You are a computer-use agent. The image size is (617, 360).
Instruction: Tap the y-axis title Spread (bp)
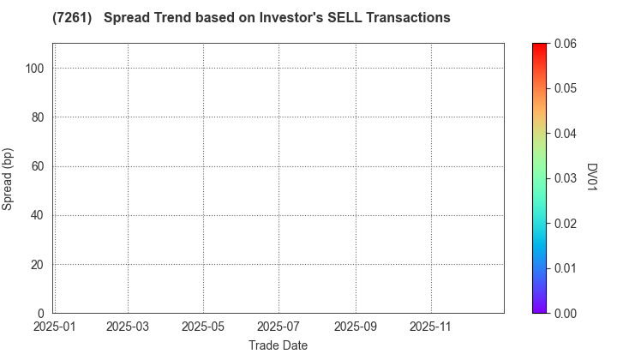[8, 177]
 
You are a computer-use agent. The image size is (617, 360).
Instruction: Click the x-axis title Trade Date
[278, 345]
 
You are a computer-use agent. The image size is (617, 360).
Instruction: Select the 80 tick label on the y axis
[38, 117]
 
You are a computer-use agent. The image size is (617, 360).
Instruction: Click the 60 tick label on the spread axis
[38, 166]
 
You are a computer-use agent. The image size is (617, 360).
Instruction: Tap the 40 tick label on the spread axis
[38, 215]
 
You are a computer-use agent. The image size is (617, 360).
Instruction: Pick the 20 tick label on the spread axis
[38, 265]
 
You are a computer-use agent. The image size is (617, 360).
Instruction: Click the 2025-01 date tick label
[53, 327]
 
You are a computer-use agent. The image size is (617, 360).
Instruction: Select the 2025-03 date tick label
[128, 327]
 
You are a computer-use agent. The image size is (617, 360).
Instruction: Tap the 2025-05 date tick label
[203, 327]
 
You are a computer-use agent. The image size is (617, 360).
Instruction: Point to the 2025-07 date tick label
[279, 327]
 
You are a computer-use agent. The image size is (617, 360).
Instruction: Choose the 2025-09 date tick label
[355, 327]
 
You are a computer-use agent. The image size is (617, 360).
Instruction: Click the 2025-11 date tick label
[430, 327]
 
